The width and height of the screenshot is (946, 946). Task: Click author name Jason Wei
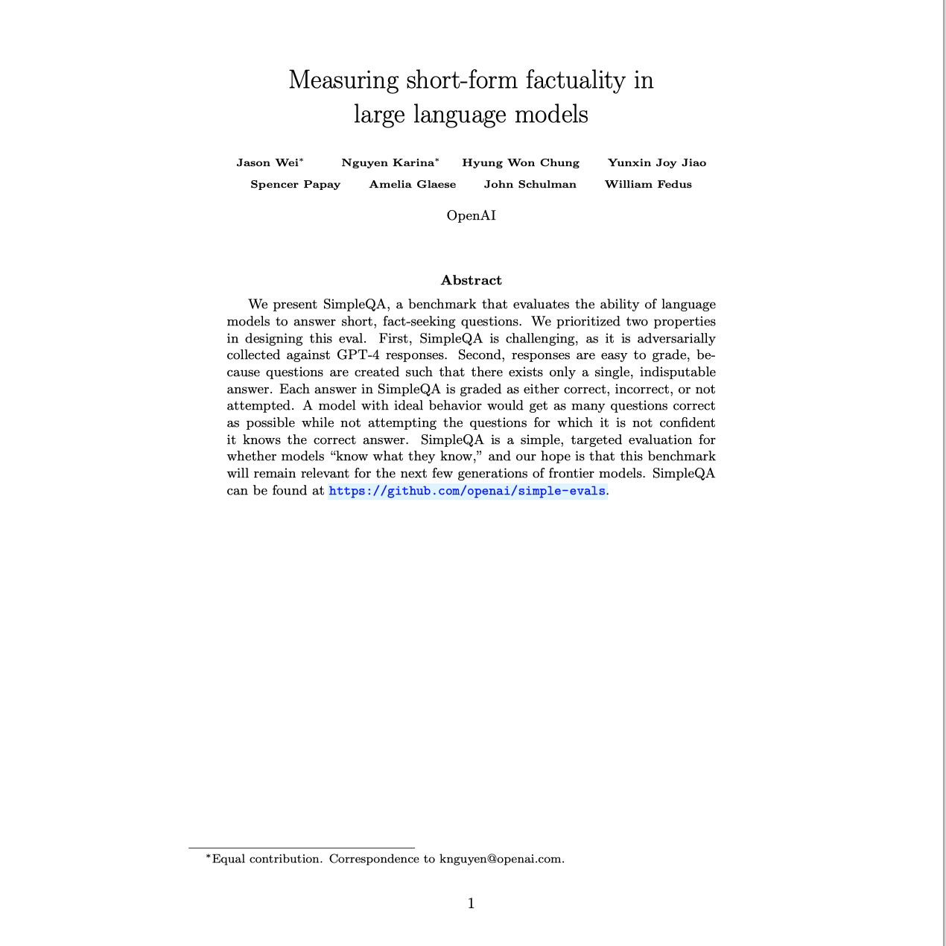pyautogui.click(x=267, y=163)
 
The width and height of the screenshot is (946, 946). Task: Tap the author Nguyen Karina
pyautogui.click(x=387, y=163)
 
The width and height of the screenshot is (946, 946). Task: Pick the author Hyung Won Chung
pyautogui.click(x=521, y=163)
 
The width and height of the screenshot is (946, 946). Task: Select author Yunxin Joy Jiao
pyautogui.click(x=657, y=163)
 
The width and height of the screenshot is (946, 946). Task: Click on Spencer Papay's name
pyautogui.click(x=295, y=185)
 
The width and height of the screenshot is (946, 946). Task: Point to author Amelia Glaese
pyautogui.click(x=413, y=185)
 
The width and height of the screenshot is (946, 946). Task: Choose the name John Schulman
pyautogui.click(x=530, y=185)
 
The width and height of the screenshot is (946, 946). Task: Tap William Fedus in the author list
pyautogui.click(x=648, y=185)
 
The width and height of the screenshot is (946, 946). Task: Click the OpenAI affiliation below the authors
pyautogui.click(x=471, y=216)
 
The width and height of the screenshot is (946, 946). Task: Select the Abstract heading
pyautogui.click(x=471, y=281)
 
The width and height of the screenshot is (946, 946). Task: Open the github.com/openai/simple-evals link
pyautogui.click(x=467, y=491)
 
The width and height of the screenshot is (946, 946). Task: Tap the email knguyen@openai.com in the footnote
pyautogui.click(x=501, y=859)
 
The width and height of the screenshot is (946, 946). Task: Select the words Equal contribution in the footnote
pyautogui.click(x=266, y=859)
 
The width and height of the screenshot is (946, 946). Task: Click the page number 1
pyautogui.click(x=471, y=904)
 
